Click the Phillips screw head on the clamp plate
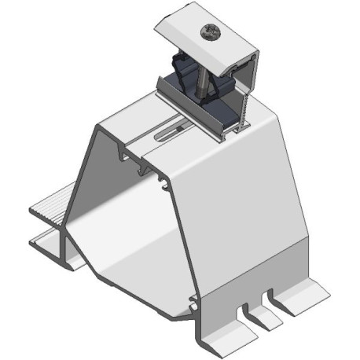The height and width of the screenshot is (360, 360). click(210, 34)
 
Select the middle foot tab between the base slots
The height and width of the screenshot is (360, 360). click(260, 314)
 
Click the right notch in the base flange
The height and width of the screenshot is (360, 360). click(270, 300)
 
